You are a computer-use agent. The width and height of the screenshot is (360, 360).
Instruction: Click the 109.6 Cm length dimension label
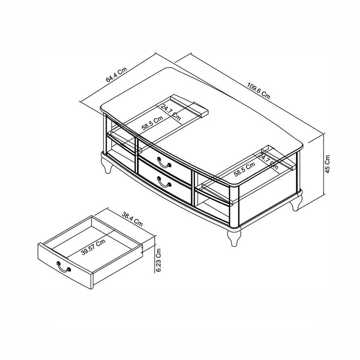pos(258,91)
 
